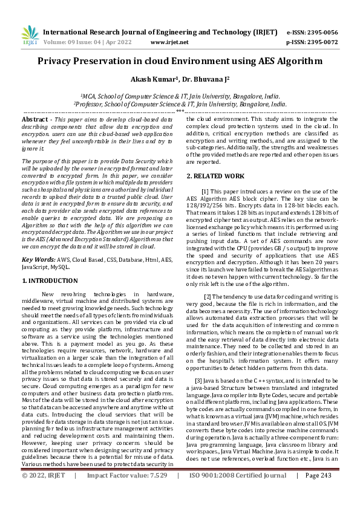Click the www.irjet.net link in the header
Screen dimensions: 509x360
tap(169, 42)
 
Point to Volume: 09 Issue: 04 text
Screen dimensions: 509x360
tap(73, 42)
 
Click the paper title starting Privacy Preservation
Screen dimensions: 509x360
tap(180, 61)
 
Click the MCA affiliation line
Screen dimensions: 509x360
tap(180, 96)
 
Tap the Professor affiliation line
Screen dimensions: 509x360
tap(180, 104)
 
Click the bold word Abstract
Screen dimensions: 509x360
tap(34, 120)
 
